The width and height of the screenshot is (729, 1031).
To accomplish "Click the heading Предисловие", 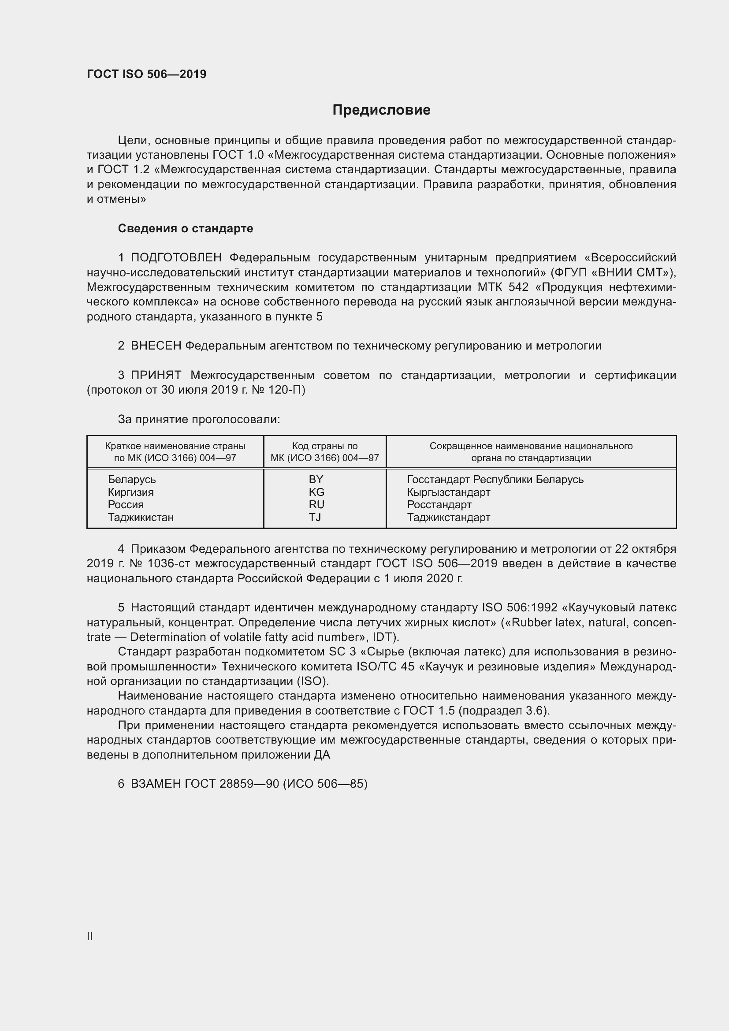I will tap(381, 110).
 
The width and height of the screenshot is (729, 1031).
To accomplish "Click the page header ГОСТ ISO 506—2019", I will tap(146, 74).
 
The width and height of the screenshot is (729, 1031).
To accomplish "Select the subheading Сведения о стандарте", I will tap(186, 229).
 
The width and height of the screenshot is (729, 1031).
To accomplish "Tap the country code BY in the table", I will tap(316, 479).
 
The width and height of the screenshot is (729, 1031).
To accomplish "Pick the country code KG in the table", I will tap(316, 492).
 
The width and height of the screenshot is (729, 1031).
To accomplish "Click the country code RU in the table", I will tap(316, 504).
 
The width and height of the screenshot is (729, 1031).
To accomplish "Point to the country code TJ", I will tap(315, 517).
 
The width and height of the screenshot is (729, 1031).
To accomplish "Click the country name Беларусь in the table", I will tap(131, 479).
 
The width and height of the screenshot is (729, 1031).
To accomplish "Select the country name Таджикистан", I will tap(141, 517).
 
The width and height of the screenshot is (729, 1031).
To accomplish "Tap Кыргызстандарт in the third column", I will tap(448, 492).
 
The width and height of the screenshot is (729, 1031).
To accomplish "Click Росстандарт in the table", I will tap(439, 504).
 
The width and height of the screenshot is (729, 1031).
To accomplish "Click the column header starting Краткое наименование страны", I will tap(175, 452).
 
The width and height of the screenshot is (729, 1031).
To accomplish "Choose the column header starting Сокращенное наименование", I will tap(531, 452).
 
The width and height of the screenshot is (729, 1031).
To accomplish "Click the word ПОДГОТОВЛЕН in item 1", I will tap(176, 258).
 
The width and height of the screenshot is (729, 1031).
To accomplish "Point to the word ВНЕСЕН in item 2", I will tap(156, 346).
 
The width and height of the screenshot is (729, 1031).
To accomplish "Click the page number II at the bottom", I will tap(90, 936).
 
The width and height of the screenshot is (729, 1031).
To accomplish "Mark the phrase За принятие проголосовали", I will tap(199, 419).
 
